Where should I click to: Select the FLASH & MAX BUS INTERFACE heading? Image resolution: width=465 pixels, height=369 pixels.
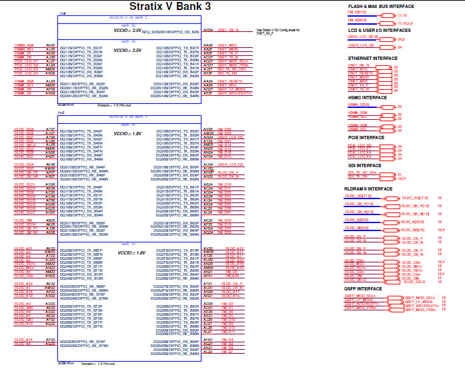click(x=381, y=6)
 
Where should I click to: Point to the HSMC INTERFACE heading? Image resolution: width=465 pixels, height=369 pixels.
click(x=365, y=97)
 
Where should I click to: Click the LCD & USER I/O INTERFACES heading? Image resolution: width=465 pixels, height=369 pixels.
click(x=379, y=30)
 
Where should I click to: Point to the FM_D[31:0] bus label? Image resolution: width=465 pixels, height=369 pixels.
click(x=357, y=12)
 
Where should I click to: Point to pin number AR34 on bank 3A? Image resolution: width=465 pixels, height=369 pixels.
click(x=207, y=30)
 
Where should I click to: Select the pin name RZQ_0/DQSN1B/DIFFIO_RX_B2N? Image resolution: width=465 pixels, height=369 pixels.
click(x=169, y=32)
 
